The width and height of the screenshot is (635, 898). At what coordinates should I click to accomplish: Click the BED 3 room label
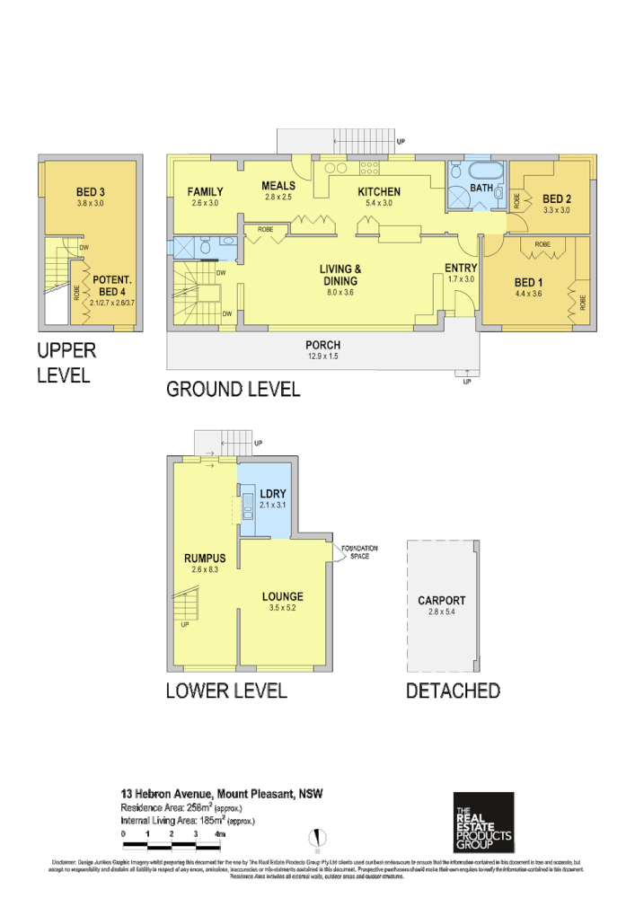click(x=91, y=191)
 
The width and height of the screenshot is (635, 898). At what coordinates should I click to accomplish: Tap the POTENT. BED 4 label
click(x=112, y=286)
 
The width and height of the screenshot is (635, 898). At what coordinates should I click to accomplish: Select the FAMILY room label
click(x=205, y=191)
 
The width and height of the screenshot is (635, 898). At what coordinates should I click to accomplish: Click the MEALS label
click(x=278, y=185)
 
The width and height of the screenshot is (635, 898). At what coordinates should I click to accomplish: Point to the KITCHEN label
click(x=378, y=191)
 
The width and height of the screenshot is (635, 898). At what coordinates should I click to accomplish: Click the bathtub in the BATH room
click(x=488, y=171)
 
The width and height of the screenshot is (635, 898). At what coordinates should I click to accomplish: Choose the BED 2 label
click(x=557, y=198)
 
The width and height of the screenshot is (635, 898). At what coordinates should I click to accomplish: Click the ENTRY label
click(x=461, y=268)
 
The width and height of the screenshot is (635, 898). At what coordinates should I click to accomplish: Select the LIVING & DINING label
click(x=340, y=274)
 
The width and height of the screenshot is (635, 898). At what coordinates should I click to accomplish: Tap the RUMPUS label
click(x=204, y=559)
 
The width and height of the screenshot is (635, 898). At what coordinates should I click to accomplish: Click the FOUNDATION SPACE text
click(x=358, y=551)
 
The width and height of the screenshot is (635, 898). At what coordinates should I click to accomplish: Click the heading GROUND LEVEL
click(x=233, y=390)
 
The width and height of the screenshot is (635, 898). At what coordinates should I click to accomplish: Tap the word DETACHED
click(x=452, y=691)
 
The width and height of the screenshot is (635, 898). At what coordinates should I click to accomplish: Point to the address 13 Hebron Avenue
click(x=167, y=794)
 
